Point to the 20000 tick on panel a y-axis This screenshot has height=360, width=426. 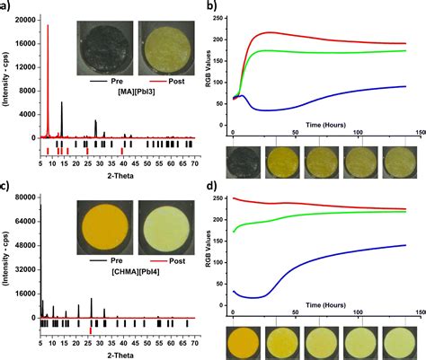26,19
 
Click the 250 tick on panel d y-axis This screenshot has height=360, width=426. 222,198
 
